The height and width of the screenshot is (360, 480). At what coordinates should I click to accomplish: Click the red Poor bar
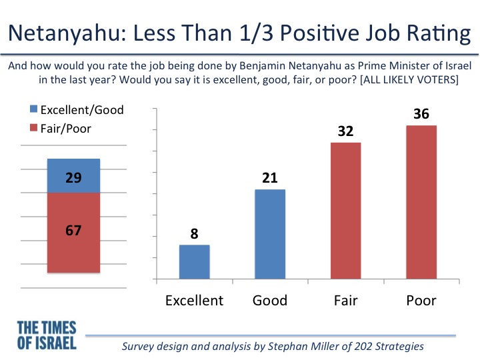[x=421, y=202]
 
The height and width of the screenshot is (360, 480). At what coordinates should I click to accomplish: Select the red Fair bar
[x=345, y=211]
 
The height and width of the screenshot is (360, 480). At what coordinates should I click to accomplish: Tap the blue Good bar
[x=270, y=234]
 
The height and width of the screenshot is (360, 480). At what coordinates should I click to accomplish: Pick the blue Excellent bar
[x=195, y=262]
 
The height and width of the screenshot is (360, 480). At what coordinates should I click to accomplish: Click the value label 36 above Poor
[x=421, y=114]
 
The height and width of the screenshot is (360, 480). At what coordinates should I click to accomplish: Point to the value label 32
[x=345, y=131]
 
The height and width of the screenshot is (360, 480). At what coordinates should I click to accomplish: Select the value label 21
[x=270, y=178]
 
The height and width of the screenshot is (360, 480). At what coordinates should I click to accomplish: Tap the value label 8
[x=195, y=234]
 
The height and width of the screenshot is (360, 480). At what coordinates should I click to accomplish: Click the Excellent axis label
[x=195, y=300]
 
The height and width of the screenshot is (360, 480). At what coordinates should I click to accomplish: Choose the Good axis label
[x=270, y=300]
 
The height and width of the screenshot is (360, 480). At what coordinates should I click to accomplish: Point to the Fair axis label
[x=345, y=300]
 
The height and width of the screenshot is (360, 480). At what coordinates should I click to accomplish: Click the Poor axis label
[x=421, y=300]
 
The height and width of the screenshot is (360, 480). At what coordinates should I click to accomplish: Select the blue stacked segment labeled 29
[x=73, y=176]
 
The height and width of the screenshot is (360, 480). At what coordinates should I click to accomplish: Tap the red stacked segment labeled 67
[x=73, y=233]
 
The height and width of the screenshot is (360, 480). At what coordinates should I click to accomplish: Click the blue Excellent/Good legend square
[x=33, y=109]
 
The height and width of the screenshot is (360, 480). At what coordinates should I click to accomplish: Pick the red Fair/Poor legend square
[x=33, y=127]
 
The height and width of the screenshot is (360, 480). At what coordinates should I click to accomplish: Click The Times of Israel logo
[x=47, y=335]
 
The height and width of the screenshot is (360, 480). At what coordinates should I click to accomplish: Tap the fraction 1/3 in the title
[x=256, y=33]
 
